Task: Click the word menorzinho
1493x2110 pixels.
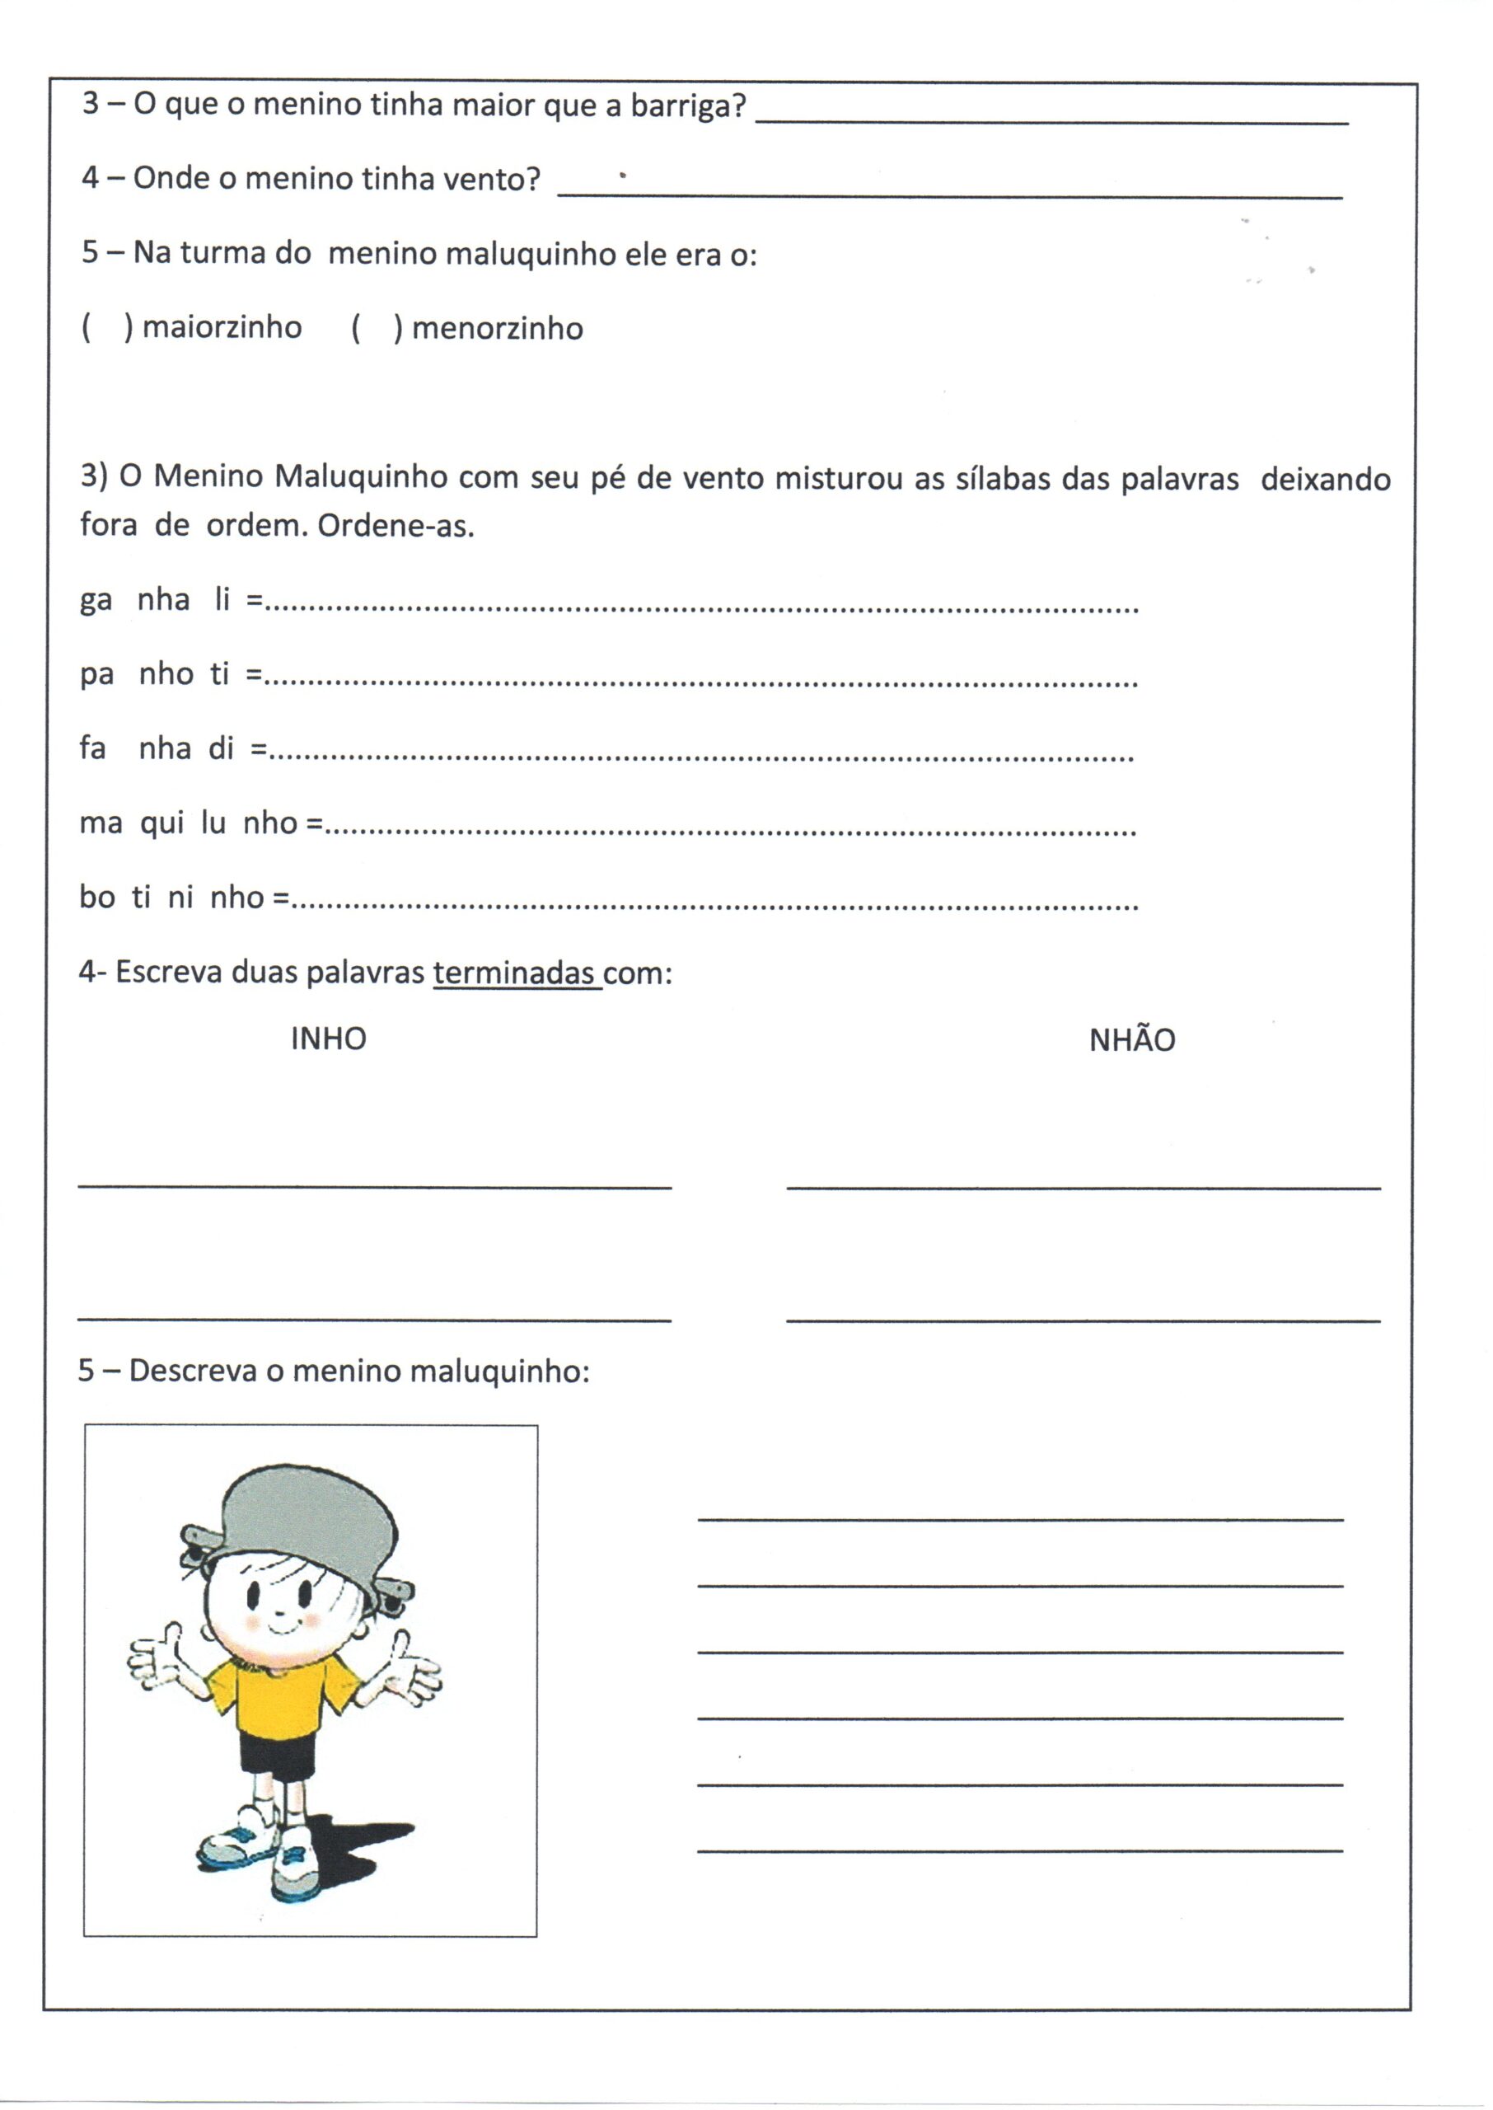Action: [497, 328]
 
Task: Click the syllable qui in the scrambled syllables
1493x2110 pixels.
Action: [161, 823]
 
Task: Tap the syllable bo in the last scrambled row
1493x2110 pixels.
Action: [96, 897]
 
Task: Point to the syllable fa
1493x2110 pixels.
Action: [93, 748]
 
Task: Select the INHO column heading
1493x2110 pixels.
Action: [328, 1039]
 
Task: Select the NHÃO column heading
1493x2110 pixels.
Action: [1132, 1040]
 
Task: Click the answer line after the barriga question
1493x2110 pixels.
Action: [1051, 120]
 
